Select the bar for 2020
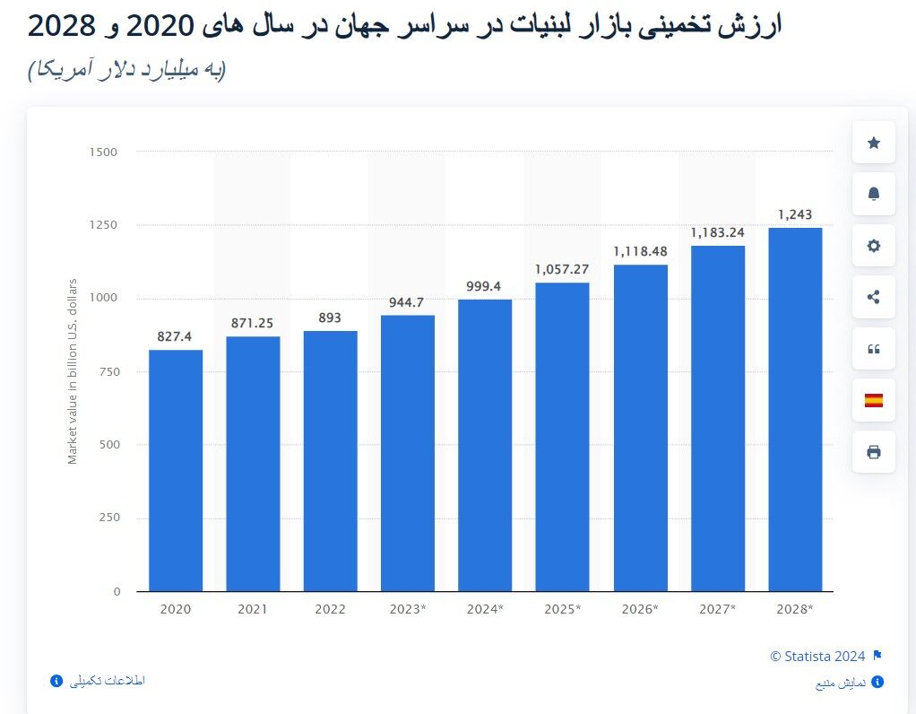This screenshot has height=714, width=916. (176, 470)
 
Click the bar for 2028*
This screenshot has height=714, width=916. (794, 409)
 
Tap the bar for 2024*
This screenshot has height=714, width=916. (485, 445)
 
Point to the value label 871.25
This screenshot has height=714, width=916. (253, 322)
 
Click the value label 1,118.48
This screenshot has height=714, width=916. (640, 251)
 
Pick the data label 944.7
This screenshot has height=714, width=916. (406, 302)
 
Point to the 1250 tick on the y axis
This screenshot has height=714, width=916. (103, 225)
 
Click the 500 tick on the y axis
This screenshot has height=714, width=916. (107, 445)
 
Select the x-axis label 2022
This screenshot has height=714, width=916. (330, 609)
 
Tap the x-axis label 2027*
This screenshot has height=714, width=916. (717, 609)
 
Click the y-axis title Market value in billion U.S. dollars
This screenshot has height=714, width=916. (73, 371)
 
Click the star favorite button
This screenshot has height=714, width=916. (873, 143)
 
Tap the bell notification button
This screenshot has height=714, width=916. (873, 195)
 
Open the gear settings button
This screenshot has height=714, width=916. (873, 246)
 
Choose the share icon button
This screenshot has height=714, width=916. (873, 297)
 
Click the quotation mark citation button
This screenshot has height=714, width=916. (873, 349)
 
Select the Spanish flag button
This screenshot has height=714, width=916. (873, 400)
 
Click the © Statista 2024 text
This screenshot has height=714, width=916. (818, 657)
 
